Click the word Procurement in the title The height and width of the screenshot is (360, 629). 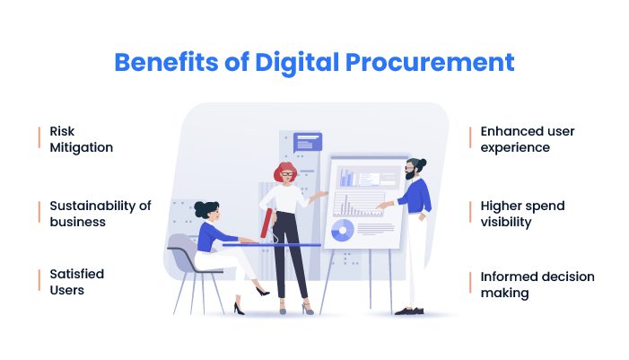point(430,64)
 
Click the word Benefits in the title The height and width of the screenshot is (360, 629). point(167,62)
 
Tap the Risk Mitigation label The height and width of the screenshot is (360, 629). point(81,139)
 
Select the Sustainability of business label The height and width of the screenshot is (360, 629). point(100,214)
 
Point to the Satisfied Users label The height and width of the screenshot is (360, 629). point(76,282)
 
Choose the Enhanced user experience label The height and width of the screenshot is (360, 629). point(528,139)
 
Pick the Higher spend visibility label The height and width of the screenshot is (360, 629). point(522,214)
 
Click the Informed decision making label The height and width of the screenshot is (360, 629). point(537,285)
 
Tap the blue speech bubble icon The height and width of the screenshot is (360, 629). point(307,143)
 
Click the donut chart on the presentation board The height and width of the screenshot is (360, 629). point(343,231)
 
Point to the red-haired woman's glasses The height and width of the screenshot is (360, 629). point(287,174)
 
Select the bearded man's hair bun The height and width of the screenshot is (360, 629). point(422,162)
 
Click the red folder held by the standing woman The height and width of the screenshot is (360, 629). point(266,224)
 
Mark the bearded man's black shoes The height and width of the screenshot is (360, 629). point(409,311)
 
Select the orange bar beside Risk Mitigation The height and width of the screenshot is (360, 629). point(39,137)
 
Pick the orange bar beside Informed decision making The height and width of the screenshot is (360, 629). point(470,282)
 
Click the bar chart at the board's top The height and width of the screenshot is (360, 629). point(347,178)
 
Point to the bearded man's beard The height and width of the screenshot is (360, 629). point(409,175)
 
